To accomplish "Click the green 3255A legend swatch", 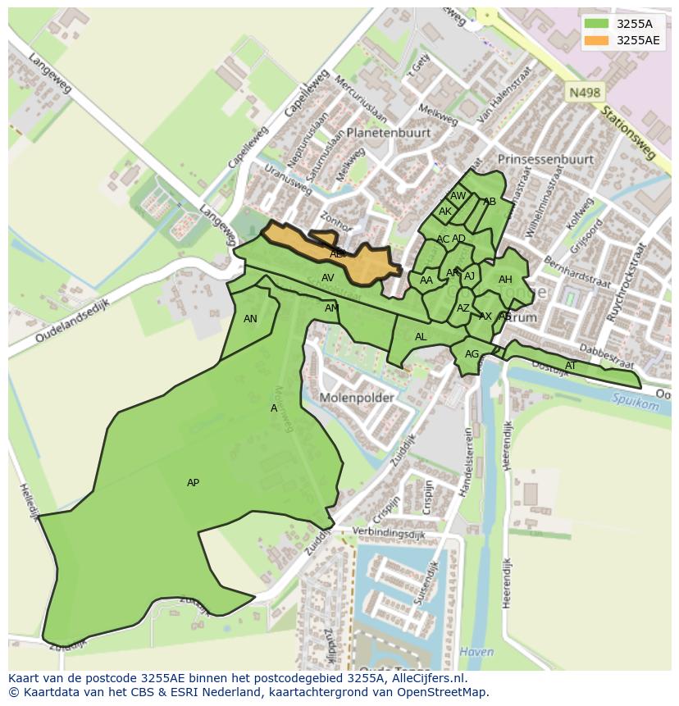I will (596, 24).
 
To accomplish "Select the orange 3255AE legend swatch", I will (596, 40).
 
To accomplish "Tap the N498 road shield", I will (584, 93).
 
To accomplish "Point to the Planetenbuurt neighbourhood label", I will (388, 132).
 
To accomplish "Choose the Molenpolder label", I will (357, 398).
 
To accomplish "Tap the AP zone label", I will (193, 483).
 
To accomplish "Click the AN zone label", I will (250, 319).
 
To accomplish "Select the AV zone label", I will (328, 278).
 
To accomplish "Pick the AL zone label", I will (421, 337).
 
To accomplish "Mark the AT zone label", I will (571, 366).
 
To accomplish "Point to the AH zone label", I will (505, 280).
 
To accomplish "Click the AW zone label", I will (458, 196).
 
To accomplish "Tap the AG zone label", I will (472, 354).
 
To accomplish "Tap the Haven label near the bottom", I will (477, 652).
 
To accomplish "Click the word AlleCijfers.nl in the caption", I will (427, 678).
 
